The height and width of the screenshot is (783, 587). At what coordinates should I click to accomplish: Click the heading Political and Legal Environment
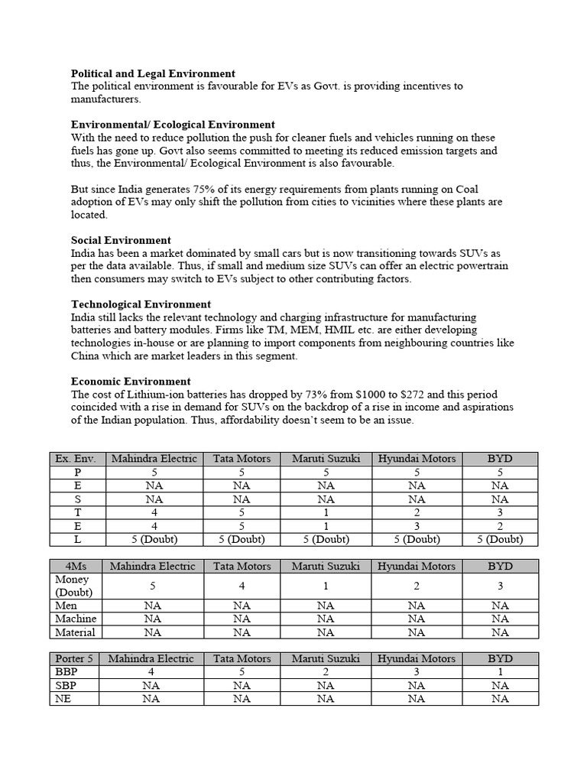tap(153, 73)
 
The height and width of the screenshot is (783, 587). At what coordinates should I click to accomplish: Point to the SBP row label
tap(66, 685)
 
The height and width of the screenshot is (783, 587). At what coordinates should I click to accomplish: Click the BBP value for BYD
tap(500, 672)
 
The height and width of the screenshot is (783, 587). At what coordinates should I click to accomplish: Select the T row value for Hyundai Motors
tap(417, 513)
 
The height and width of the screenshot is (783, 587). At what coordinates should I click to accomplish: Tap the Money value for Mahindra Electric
tap(153, 586)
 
